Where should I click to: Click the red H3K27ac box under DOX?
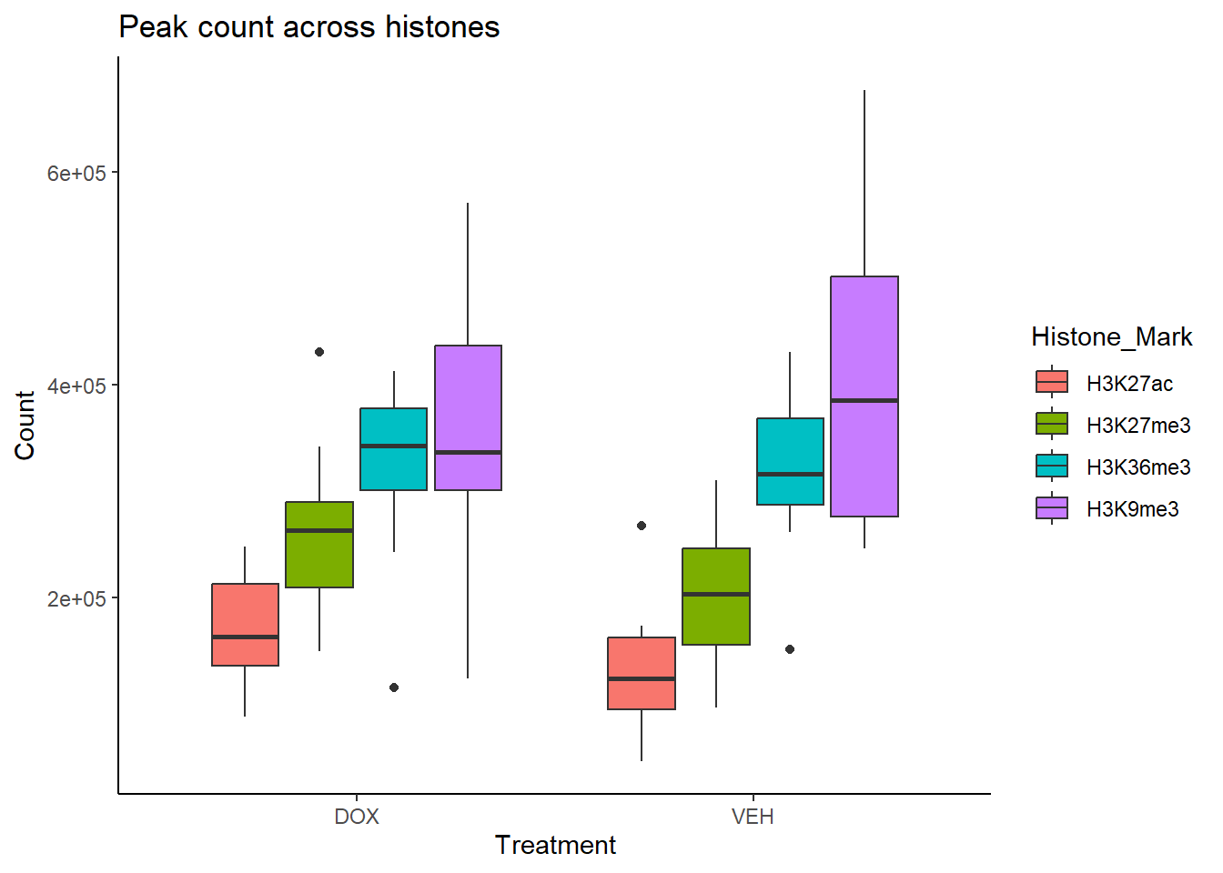pyautogui.click(x=245, y=624)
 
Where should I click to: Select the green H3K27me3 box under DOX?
pyautogui.click(x=319, y=545)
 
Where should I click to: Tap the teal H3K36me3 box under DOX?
pyautogui.click(x=393, y=449)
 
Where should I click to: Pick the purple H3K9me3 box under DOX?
pyautogui.click(x=468, y=417)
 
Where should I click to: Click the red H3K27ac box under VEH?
pyautogui.click(x=642, y=673)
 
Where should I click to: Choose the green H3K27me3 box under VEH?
pyautogui.click(x=716, y=596)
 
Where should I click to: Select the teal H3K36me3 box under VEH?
pyautogui.click(x=790, y=461)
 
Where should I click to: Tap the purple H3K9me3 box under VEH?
pyautogui.click(x=864, y=396)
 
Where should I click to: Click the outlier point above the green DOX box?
pyautogui.click(x=319, y=352)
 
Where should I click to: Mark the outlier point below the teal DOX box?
pyautogui.click(x=394, y=687)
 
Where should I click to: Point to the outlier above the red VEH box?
pyautogui.click(x=642, y=526)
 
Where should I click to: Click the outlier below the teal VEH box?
pyautogui.click(x=790, y=649)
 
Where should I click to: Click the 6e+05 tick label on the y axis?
pyautogui.click(x=76, y=174)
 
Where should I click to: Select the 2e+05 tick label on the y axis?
pyautogui.click(x=76, y=599)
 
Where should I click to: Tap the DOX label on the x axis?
pyautogui.click(x=357, y=817)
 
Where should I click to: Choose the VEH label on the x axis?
pyautogui.click(x=753, y=817)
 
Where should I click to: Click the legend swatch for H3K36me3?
pyautogui.click(x=1052, y=467)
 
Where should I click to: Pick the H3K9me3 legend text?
pyautogui.click(x=1132, y=509)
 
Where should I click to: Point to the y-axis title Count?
pyautogui.click(x=25, y=426)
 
